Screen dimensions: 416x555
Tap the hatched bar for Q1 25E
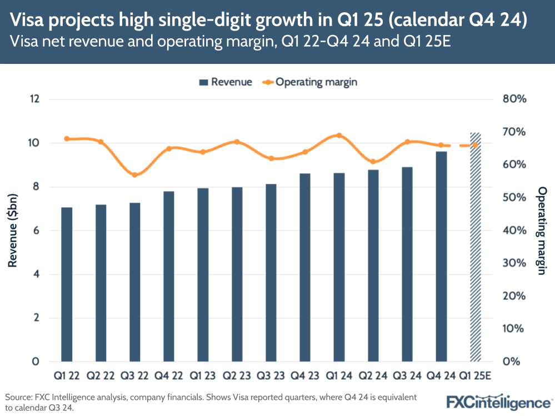pyautogui.click(x=475, y=247)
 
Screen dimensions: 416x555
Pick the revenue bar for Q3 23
pyautogui.click(x=271, y=273)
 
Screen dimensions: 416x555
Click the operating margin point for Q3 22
pyautogui.click(x=134, y=175)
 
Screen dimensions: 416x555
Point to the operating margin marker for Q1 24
pyautogui.click(x=339, y=136)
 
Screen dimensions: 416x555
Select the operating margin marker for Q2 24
pyautogui.click(x=373, y=162)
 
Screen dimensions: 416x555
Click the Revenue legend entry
pyautogui.click(x=226, y=82)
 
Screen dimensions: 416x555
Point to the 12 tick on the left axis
pyautogui.click(x=36, y=99)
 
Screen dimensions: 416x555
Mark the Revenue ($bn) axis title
pyautogui.click(x=13, y=230)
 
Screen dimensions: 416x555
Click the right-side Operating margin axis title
pyautogui.click(x=542, y=230)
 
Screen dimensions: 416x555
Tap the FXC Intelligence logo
pyautogui.click(x=498, y=402)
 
